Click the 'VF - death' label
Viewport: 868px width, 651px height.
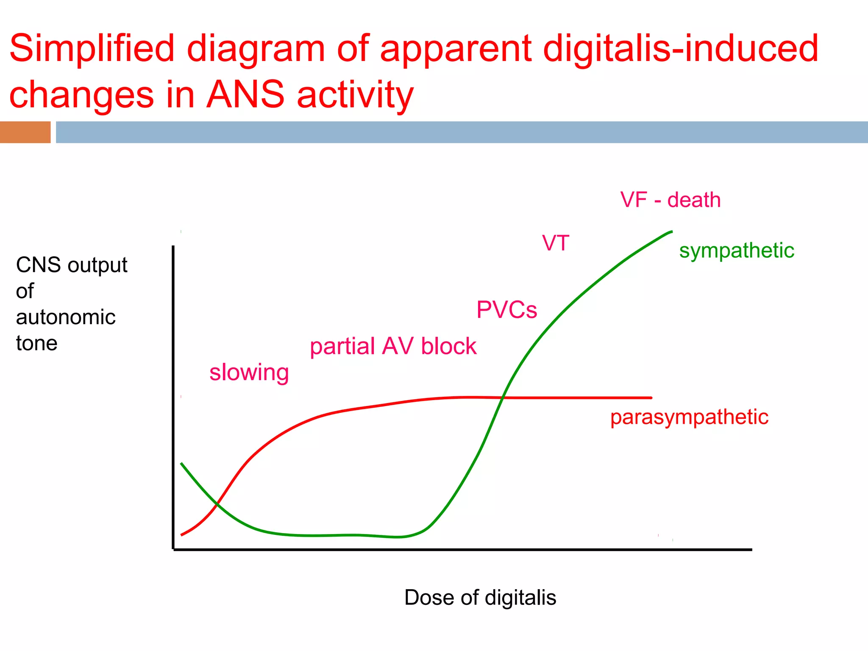coord(670,200)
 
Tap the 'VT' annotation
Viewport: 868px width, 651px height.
coord(555,243)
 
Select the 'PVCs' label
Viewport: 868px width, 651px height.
coord(506,310)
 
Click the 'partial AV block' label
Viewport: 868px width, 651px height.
coord(393,346)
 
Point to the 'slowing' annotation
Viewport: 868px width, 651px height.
coord(249,373)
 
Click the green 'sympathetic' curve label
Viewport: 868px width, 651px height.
coord(737,250)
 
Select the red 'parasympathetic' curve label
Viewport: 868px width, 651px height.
coord(689,417)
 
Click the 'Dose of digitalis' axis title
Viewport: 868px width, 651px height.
coord(480,598)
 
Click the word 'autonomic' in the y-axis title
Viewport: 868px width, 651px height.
coord(66,317)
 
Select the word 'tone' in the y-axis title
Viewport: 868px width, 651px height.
coord(36,343)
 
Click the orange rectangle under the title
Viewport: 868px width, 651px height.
coord(25,132)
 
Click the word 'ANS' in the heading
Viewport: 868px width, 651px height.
coord(245,95)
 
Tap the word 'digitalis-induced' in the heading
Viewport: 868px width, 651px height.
coord(680,49)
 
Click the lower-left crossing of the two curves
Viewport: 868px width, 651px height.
coord(217,504)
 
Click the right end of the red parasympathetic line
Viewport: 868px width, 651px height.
coord(651,398)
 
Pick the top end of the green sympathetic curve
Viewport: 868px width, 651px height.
coord(671,232)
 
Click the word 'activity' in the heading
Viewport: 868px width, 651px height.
coord(355,95)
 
